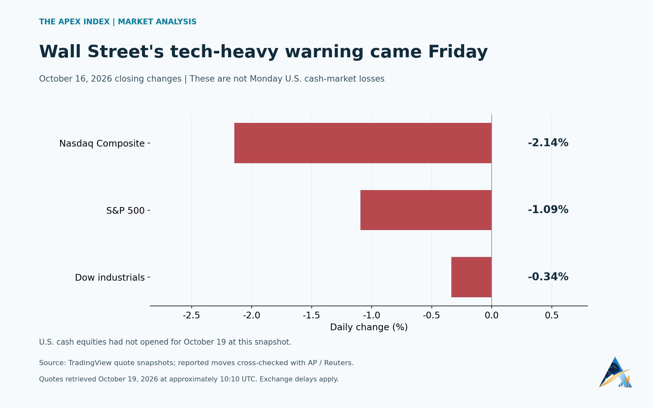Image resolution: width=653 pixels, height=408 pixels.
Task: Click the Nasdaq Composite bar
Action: pyautogui.click(x=363, y=143)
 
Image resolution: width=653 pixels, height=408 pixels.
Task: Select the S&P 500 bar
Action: pyautogui.click(x=426, y=210)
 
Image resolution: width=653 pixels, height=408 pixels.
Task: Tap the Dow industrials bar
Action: pyautogui.click(x=472, y=277)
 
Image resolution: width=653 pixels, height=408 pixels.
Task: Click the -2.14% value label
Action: pyautogui.click(x=548, y=143)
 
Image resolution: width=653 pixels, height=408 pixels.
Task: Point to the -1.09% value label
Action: pyautogui.click(x=548, y=210)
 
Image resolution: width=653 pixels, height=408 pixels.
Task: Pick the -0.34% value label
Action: pyautogui.click(x=548, y=277)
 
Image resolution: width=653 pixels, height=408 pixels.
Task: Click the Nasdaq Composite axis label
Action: pyautogui.click(x=102, y=143)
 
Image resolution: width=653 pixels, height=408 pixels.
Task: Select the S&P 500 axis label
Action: pyautogui.click(x=125, y=211)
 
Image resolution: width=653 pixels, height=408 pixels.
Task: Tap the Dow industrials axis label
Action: pyautogui.click(x=110, y=277)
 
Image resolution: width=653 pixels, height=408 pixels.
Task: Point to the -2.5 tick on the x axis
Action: pyautogui.click(x=191, y=316)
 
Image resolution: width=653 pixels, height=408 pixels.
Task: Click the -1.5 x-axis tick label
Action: pyautogui.click(x=311, y=316)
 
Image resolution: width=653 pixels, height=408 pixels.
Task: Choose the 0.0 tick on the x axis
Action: pyautogui.click(x=492, y=316)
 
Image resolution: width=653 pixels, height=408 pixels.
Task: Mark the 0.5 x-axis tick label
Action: pyautogui.click(x=552, y=316)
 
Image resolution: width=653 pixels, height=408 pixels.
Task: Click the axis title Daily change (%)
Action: pyautogui.click(x=369, y=327)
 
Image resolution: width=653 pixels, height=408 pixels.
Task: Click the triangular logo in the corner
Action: pyautogui.click(x=615, y=372)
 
